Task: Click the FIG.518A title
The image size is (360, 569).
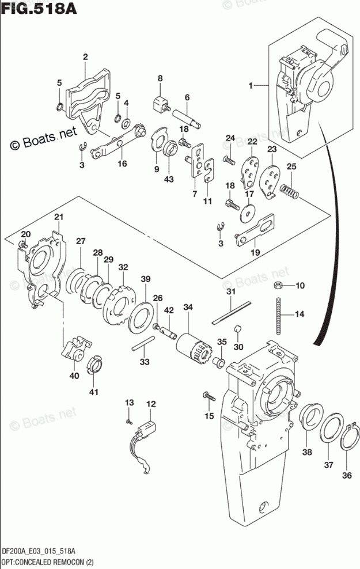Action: coord(39,7)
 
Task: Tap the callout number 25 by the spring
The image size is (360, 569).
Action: coord(291,166)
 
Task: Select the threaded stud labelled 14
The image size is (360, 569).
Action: coord(279,315)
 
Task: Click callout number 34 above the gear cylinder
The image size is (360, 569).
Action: coord(188,308)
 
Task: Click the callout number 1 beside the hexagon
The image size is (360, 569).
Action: coord(251,86)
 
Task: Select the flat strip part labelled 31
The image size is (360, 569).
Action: coord(232,312)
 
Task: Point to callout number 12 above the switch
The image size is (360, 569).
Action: coord(151,404)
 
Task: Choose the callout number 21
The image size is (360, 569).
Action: coord(59,217)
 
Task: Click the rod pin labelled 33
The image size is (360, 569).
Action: coord(143,343)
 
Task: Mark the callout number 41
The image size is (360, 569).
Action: coord(94,392)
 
